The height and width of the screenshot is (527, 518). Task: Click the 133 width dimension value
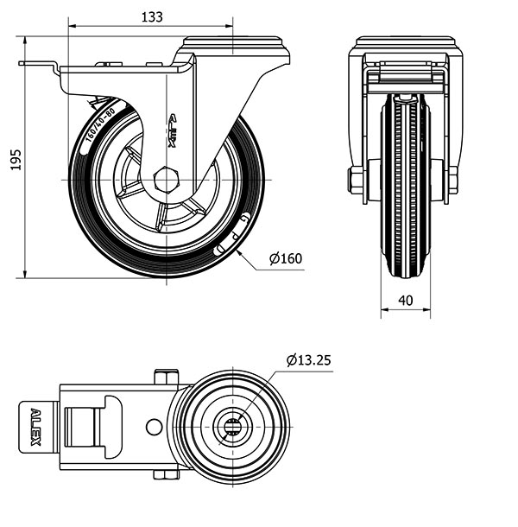tap(152, 16)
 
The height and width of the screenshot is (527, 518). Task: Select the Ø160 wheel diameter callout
tap(285, 258)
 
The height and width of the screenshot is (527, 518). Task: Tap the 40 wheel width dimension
tap(406, 301)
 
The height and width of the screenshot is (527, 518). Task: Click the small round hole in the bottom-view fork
tap(154, 427)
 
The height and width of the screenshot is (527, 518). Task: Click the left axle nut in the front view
tap(356, 181)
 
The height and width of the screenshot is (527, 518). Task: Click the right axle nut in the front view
tap(452, 181)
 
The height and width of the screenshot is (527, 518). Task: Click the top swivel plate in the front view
tap(405, 43)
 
